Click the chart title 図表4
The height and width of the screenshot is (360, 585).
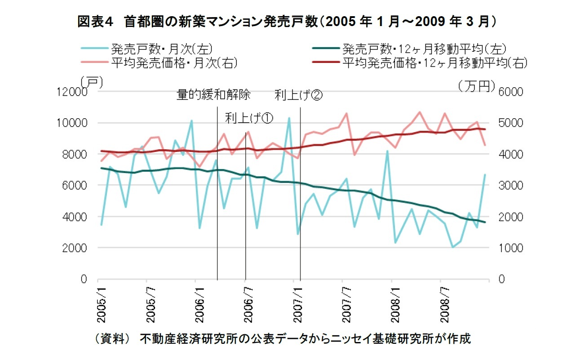pos(97,22)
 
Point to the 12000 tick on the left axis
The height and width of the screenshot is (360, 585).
pos(71,92)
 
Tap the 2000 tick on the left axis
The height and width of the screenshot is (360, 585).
pos(75,248)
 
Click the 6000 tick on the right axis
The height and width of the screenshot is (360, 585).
pos(510,92)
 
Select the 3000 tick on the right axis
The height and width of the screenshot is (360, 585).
pos(510,186)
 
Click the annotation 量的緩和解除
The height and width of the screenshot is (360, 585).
pos(213,96)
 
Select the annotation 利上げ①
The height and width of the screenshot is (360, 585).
pos(249,118)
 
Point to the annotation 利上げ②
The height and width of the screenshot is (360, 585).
pos(298,96)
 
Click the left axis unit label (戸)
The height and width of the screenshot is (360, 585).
pos(92,82)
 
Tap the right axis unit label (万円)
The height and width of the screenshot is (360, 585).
pos(476,85)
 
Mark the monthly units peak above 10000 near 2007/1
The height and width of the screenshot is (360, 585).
pos(289,118)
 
